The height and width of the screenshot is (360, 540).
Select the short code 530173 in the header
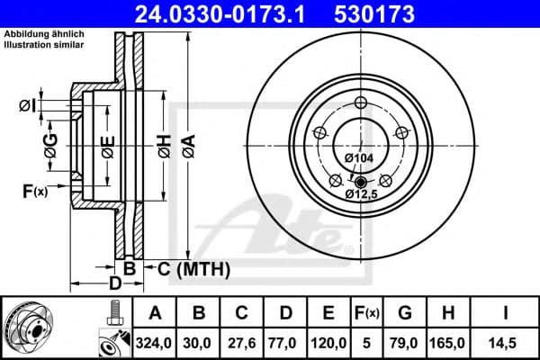400,13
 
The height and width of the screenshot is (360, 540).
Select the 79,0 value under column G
405,342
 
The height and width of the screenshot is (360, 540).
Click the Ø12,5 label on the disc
362,192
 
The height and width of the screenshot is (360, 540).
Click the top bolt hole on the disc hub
361,101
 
